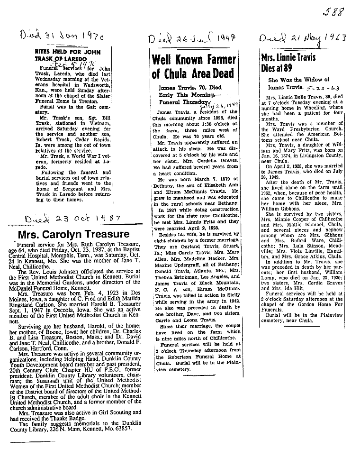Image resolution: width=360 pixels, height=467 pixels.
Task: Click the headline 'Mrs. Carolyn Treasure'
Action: click(x=73, y=234)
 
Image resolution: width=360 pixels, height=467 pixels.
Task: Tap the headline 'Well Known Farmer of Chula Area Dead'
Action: click(x=194, y=66)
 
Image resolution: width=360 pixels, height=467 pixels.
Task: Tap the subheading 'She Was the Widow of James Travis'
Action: click(x=292, y=83)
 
